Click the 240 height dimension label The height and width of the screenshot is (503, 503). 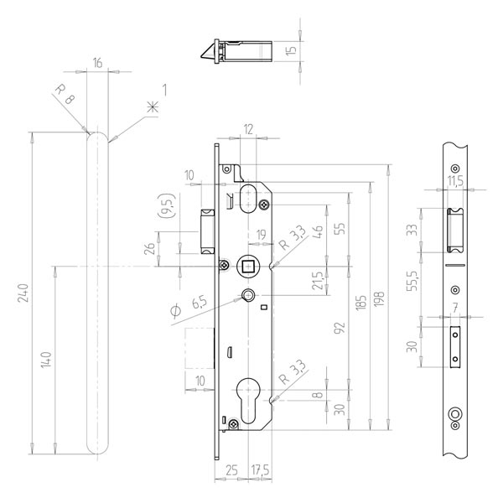pos(23,293)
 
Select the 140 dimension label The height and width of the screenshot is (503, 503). pos(46,360)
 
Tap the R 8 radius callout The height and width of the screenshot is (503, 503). pos(65,94)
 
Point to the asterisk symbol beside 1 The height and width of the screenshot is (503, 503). pos(153,106)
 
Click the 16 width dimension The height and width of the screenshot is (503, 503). pos(97,63)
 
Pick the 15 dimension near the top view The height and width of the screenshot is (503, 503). pos(291,50)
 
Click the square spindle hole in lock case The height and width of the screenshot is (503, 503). pos(247,266)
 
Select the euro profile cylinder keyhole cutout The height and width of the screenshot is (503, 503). pos(248,401)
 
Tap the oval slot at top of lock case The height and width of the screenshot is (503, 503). pos(247,198)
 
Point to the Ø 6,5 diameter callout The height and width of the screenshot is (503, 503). pos(189,306)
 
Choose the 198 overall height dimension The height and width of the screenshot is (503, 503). pos(379,298)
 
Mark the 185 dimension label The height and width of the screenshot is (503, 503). pos(360,303)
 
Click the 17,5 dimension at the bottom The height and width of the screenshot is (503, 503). pos(260,470)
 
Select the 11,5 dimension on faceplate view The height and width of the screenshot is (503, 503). pos(455,181)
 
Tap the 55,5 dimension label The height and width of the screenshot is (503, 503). pos(412,281)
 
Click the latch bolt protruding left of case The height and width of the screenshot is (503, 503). pos(208,231)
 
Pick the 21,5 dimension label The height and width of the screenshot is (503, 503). pos(317,281)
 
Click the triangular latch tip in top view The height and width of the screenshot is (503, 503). pos(208,52)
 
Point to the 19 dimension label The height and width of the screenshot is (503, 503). pos(262,235)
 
